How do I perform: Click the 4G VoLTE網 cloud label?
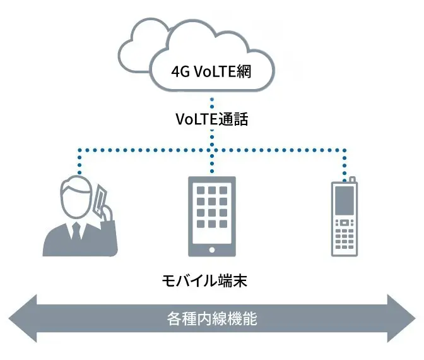click(x=211, y=71)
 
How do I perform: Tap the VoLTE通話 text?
click(x=211, y=119)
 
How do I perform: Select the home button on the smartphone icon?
click(x=211, y=249)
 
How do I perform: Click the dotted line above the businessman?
click(x=79, y=161)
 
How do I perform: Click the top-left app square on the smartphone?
click(x=197, y=191)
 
